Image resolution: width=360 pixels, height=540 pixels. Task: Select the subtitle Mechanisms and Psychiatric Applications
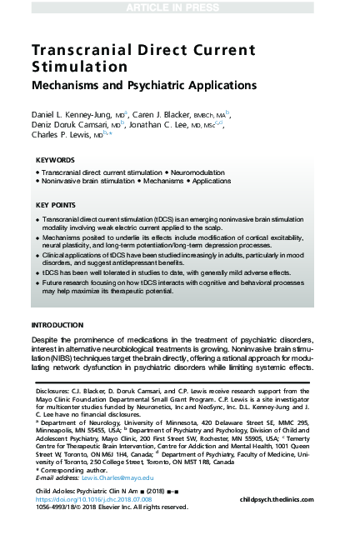(143, 86)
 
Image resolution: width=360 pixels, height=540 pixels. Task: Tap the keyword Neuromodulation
(184, 171)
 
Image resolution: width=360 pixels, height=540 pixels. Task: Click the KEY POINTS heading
(57, 204)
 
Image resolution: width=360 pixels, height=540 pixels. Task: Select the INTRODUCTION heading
(57, 324)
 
